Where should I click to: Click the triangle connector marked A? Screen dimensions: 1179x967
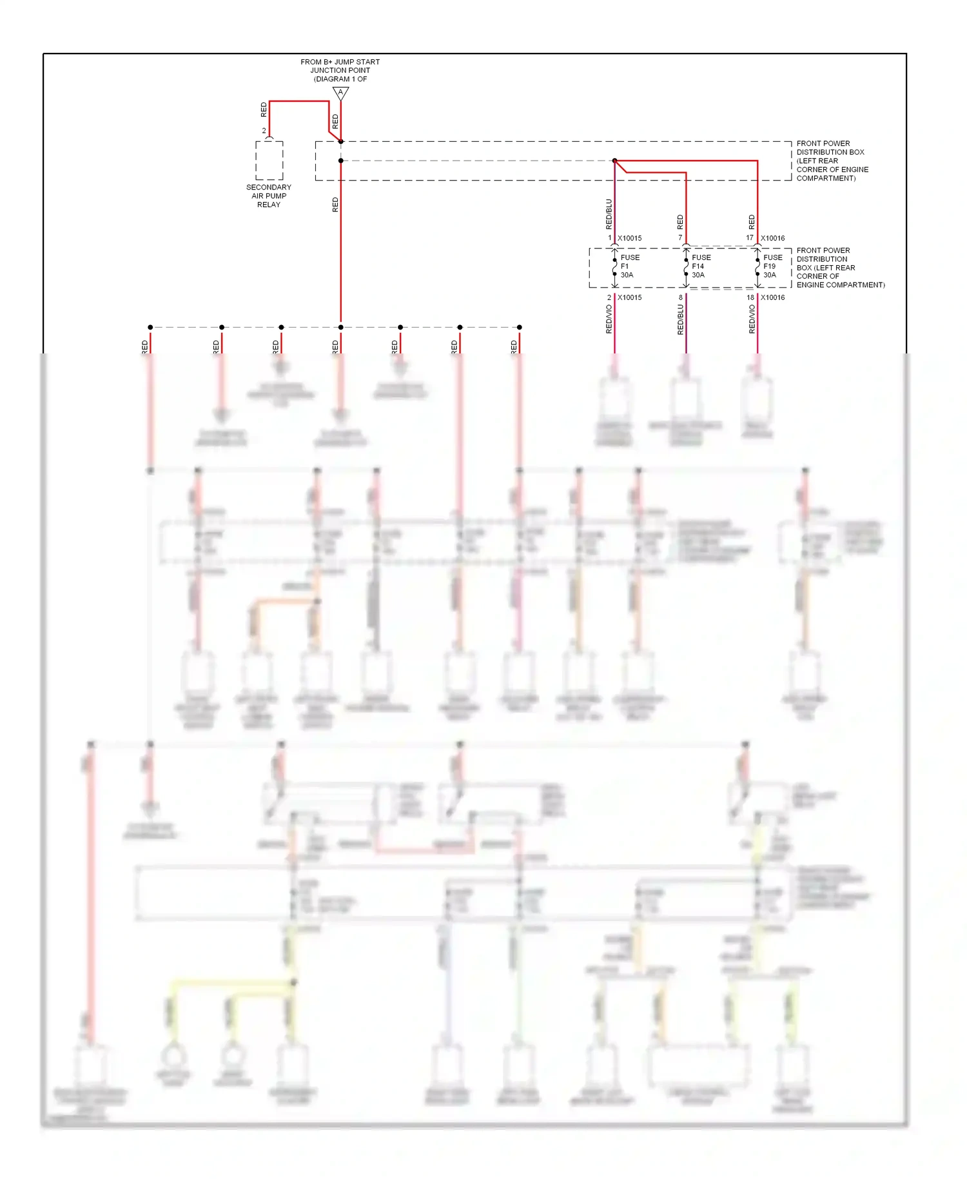tap(340, 93)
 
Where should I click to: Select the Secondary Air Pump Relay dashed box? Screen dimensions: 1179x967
tap(269, 161)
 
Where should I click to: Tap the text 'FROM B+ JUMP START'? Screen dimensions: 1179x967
tap(340, 62)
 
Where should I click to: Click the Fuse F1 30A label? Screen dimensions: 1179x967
tap(629, 266)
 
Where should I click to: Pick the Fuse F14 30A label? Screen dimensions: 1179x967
tap(701, 266)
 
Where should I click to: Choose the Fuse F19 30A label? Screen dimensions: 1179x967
tap(772, 266)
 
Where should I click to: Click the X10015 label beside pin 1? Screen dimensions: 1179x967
tap(629, 238)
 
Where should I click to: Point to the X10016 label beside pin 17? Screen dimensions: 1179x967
tap(772, 238)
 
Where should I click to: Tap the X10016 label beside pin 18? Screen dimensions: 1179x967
tap(772, 297)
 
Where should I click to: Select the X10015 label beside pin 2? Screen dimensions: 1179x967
tap(629, 297)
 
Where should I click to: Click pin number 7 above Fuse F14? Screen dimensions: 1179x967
tap(680, 237)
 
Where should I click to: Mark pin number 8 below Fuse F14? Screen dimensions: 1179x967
tap(680, 297)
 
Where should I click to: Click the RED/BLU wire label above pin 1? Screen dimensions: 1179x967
tap(609, 214)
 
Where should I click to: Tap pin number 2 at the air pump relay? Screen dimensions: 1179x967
tap(264, 130)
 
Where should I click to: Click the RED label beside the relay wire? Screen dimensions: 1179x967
tap(263, 110)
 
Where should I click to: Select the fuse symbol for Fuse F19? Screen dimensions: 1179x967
tap(757, 267)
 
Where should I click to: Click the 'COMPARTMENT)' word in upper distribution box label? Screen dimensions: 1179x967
tap(826, 178)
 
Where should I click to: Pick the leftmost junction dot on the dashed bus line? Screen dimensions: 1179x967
tap(150, 328)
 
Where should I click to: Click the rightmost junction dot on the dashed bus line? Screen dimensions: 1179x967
tap(520, 328)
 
